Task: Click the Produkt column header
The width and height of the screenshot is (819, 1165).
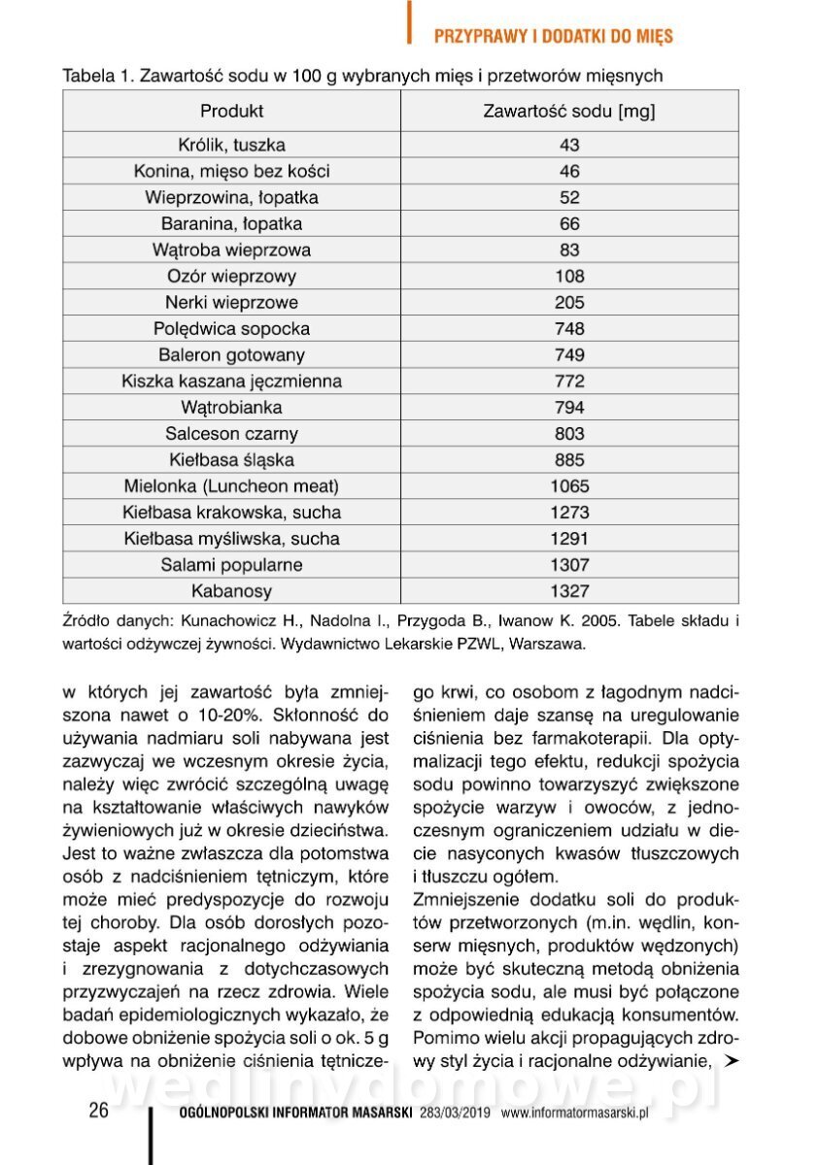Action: [x=231, y=111]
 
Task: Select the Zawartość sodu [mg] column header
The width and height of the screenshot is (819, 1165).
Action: [x=569, y=111]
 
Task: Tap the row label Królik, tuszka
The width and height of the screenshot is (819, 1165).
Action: [x=231, y=145]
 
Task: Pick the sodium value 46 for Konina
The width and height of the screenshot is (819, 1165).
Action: [x=569, y=171]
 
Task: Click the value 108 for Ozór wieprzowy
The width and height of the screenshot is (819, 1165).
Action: [x=569, y=276]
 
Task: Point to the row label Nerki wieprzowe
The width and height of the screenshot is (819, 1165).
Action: [x=231, y=302]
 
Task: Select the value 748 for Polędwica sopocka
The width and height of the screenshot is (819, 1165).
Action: [x=569, y=328]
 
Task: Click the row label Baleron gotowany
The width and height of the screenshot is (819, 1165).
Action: [x=231, y=354]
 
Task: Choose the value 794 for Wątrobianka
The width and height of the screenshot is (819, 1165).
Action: [x=569, y=408]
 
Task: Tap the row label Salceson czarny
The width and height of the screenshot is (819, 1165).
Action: [x=231, y=434]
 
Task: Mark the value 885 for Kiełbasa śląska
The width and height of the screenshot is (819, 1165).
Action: [x=569, y=460]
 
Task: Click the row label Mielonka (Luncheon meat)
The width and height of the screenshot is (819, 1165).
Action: [x=231, y=486]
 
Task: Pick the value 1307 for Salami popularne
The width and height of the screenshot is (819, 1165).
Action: [x=569, y=565]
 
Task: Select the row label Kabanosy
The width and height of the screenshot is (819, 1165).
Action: [x=231, y=591]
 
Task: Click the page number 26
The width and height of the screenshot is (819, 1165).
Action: [x=98, y=1112]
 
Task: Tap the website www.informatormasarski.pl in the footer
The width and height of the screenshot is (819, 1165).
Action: [x=574, y=1114]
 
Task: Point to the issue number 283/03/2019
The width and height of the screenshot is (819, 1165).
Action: [x=457, y=1114]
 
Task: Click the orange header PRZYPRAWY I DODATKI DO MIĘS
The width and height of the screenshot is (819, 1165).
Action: [x=553, y=37]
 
